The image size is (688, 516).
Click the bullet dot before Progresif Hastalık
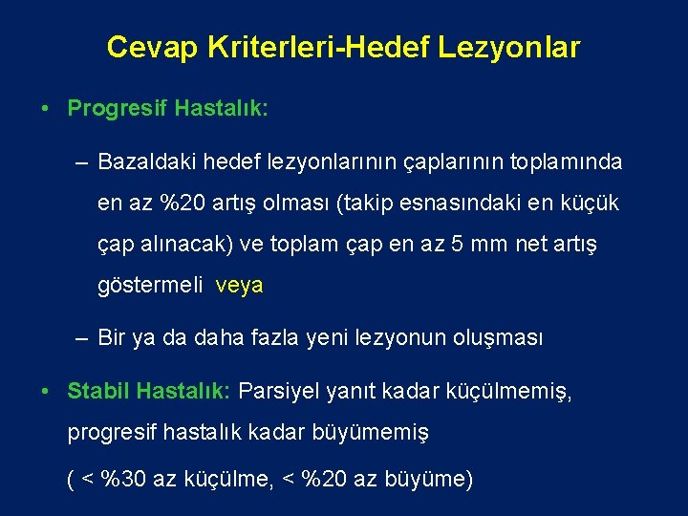(x=46, y=108)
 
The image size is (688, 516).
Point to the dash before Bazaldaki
(x=81, y=162)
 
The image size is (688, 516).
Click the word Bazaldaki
(x=140, y=162)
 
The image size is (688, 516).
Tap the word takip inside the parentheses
(x=369, y=204)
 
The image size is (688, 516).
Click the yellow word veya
(x=239, y=286)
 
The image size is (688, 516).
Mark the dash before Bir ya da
(x=81, y=337)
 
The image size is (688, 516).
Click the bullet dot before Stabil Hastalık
(x=46, y=391)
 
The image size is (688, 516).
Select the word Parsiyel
(x=279, y=391)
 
